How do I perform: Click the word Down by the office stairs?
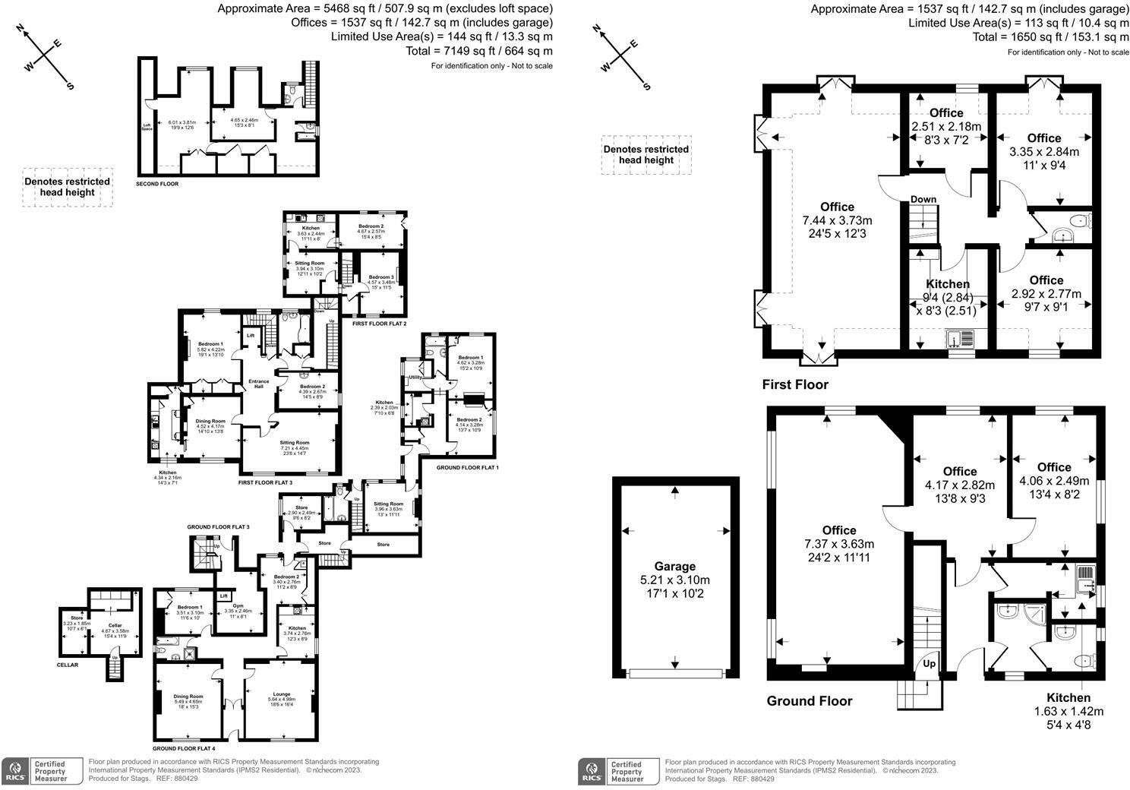pyautogui.click(x=923, y=199)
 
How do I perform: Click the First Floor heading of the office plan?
pyautogui.click(x=795, y=384)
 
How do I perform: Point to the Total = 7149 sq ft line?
pyautogui.click(x=497, y=51)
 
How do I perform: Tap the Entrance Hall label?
pyautogui.click(x=258, y=384)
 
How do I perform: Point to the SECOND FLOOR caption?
pyautogui.click(x=157, y=184)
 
